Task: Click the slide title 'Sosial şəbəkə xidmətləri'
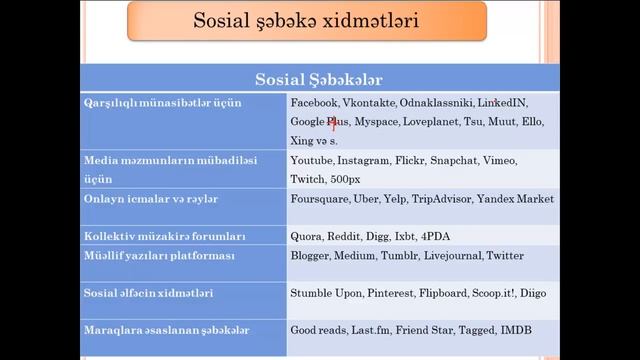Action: coord(307,21)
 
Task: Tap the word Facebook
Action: coord(314,103)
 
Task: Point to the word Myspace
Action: coord(375,122)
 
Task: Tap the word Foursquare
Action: coord(319,199)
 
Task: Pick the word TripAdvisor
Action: coord(441,199)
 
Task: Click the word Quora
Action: coord(307,237)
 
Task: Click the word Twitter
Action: coord(505,256)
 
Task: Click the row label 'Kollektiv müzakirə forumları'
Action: coord(164,237)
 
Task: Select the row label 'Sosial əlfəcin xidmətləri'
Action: coord(148,293)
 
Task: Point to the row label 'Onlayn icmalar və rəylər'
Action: coord(150,199)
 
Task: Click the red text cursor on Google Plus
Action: coord(333,123)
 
